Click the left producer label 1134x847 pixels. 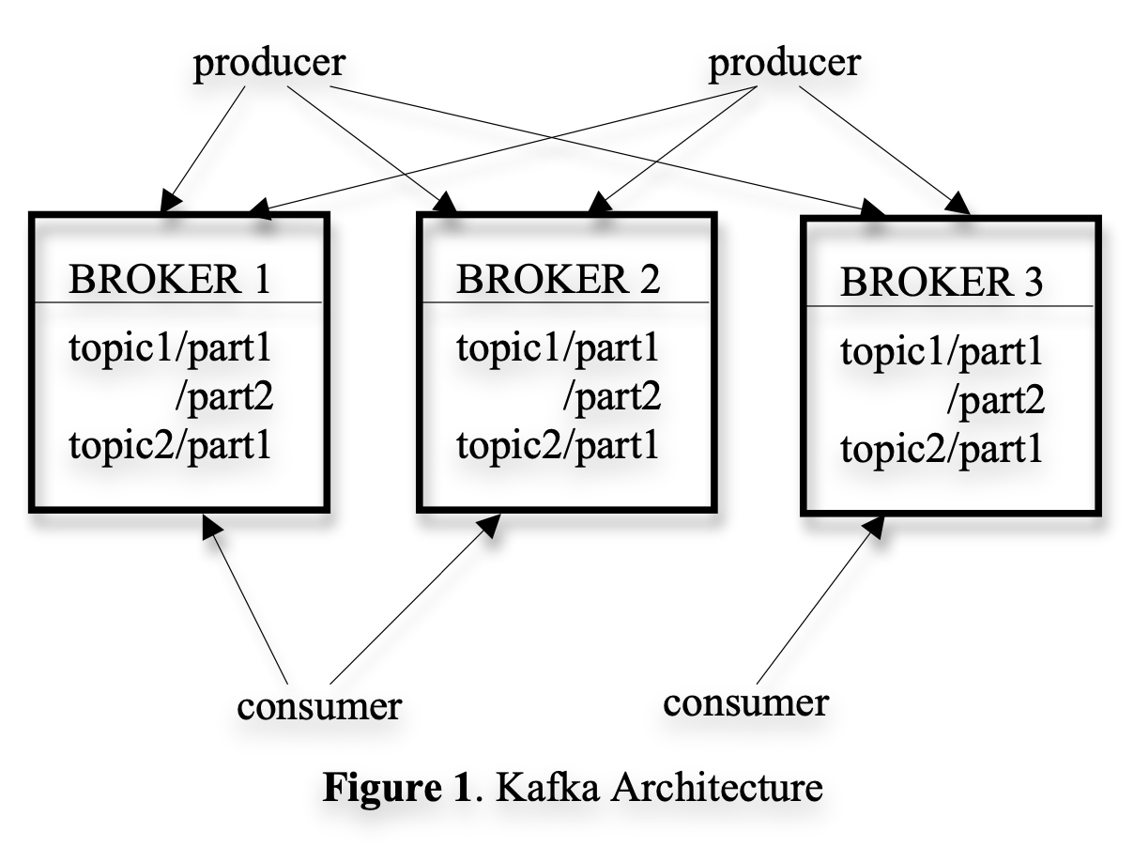click(269, 66)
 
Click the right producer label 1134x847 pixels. click(784, 64)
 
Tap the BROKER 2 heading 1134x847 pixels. click(558, 278)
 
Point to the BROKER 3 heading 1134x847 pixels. click(941, 283)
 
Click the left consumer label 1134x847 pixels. click(318, 705)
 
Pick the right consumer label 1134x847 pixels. click(746, 701)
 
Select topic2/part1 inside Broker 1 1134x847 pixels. click(170, 444)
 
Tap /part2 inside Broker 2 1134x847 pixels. click(611, 397)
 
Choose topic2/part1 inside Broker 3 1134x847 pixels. click(941, 450)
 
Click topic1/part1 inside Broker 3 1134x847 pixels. click(941, 354)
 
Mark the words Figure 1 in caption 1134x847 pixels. click(395, 788)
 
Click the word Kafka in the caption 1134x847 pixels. click(541, 788)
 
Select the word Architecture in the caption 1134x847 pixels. click(716, 788)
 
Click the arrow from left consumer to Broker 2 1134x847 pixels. click(413, 600)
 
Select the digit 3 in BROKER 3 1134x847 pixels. click(1032, 283)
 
